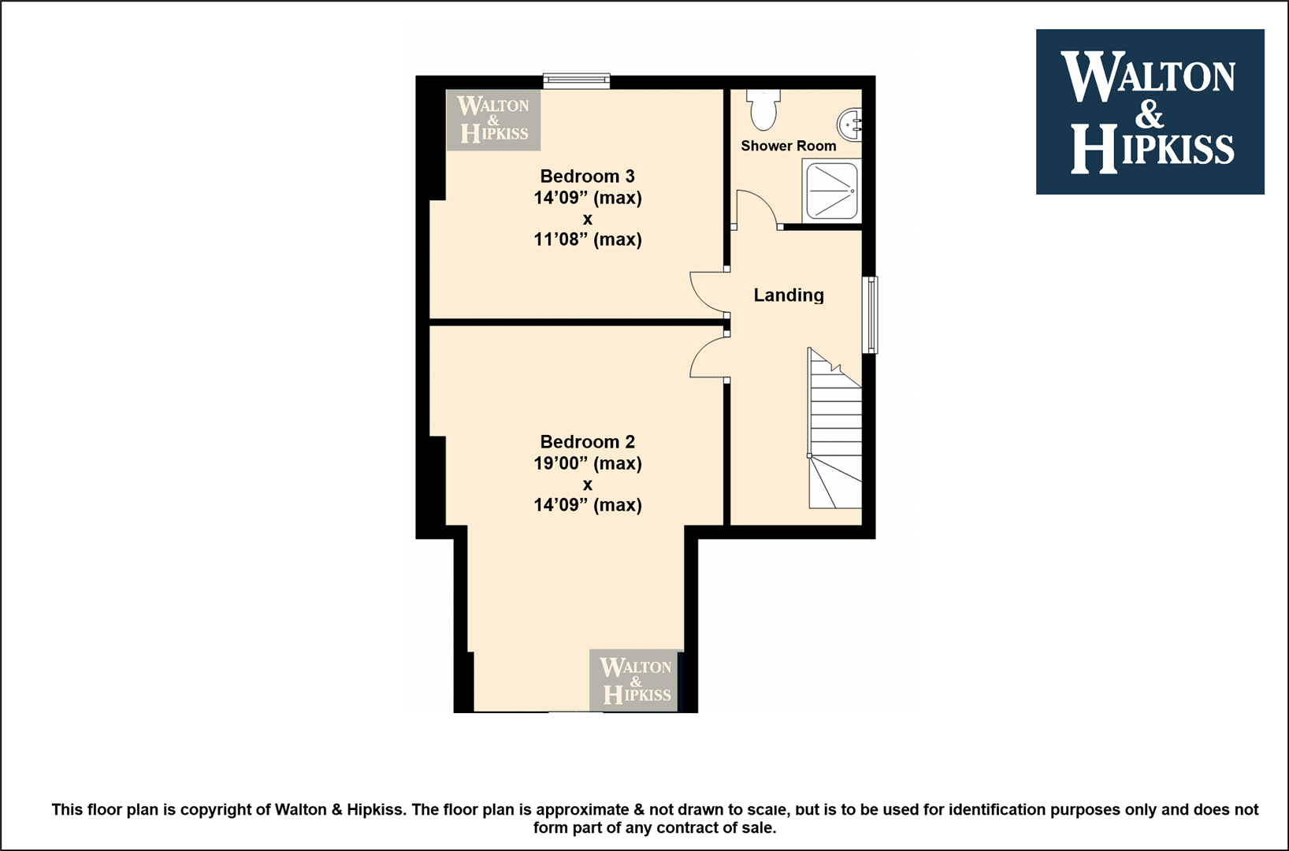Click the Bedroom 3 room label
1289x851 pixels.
587,176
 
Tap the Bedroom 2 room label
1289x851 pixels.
587,442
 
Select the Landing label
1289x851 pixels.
789,295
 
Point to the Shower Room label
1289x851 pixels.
789,146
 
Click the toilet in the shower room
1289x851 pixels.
763,110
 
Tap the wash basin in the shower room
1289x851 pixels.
849,125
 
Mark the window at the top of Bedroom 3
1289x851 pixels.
577,81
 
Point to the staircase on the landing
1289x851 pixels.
835,429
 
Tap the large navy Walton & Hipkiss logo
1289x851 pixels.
1150,112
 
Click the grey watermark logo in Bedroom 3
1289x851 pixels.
493,121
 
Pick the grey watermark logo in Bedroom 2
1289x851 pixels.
635,681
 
